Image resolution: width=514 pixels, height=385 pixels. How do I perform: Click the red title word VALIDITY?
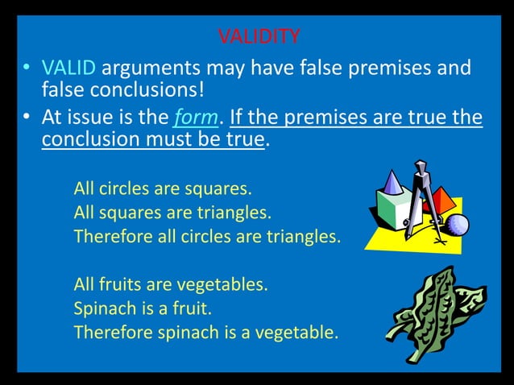259,36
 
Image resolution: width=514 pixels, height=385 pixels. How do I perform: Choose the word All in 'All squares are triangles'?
85,213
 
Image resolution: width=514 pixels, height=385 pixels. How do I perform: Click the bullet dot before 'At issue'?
27,118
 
